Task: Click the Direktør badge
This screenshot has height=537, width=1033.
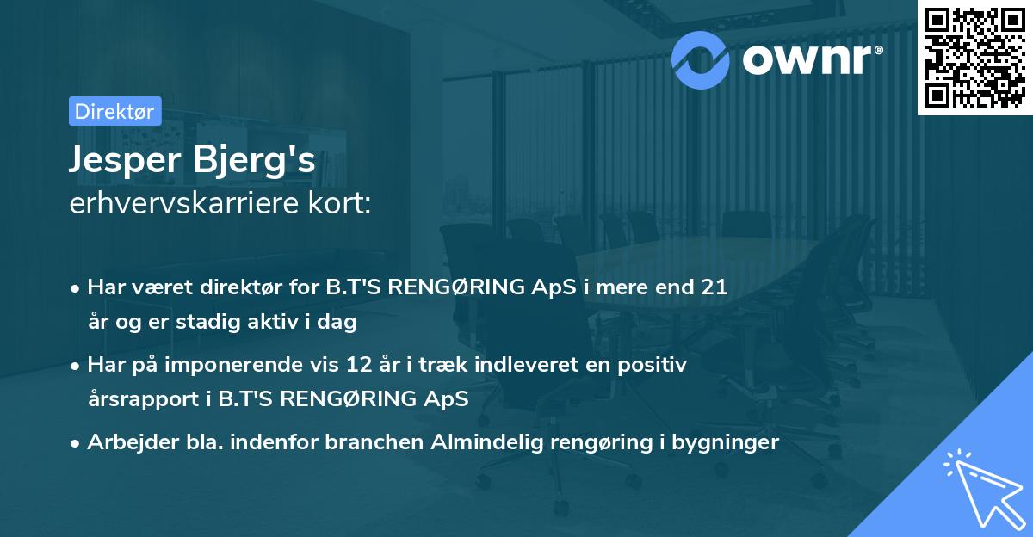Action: tap(114, 111)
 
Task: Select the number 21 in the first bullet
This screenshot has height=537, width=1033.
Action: tap(714, 287)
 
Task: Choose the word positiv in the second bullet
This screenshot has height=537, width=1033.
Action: tap(656, 365)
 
